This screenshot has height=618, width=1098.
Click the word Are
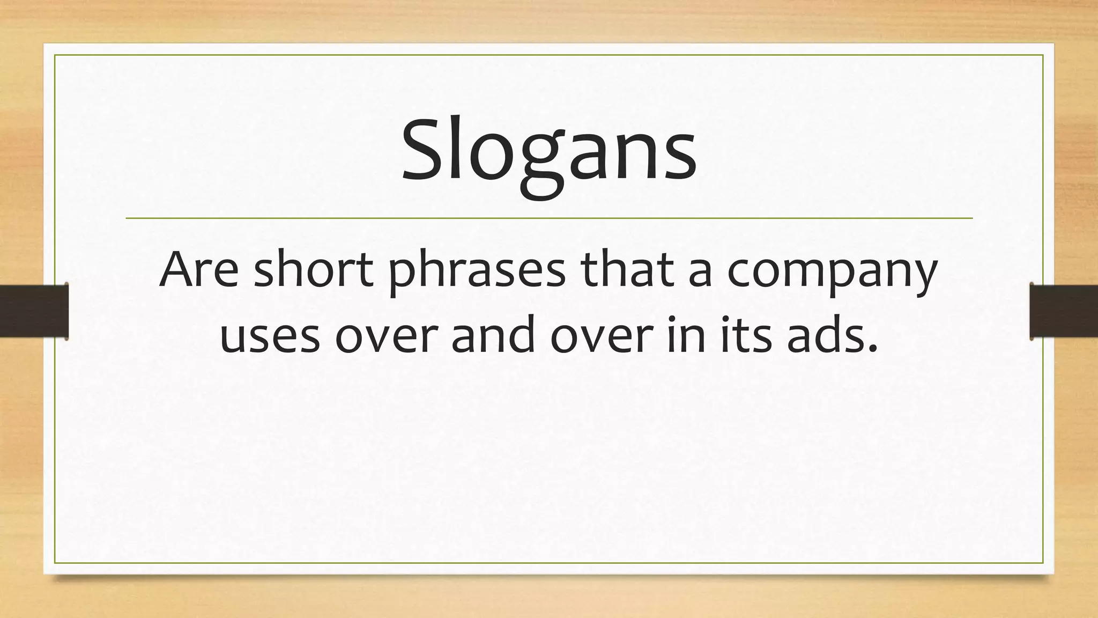(198, 270)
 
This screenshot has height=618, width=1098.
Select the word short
(313, 270)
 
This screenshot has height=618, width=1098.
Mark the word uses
(269, 337)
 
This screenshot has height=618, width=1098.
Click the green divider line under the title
(549, 218)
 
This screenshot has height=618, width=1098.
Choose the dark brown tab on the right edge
(1064, 311)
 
